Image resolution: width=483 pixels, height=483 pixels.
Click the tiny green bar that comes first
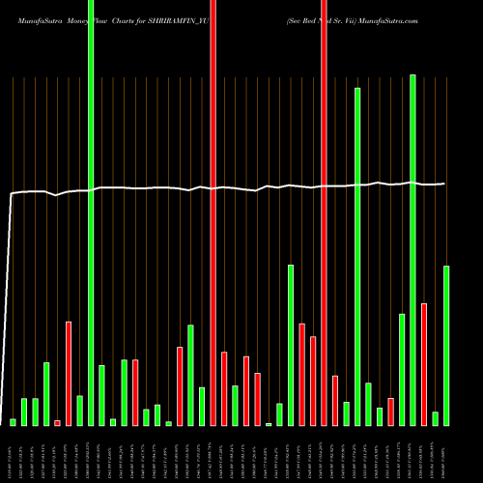coord(14,422)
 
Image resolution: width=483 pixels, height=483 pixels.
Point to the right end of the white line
coord(444,184)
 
